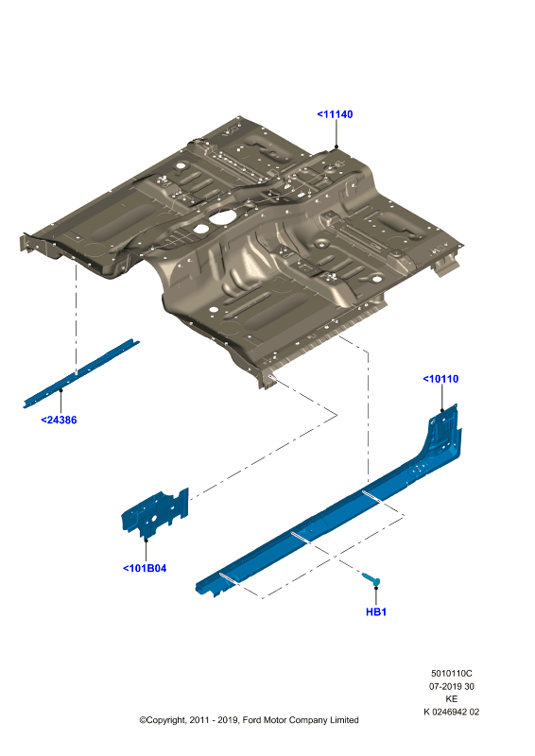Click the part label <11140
pyautogui.click(x=335, y=114)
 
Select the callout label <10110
pyautogui.click(x=440, y=379)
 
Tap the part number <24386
pyautogui.click(x=59, y=420)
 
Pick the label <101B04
pyautogui.click(x=145, y=569)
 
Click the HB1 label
pyautogui.click(x=376, y=611)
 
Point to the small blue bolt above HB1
pyautogui.click(x=371, y=578)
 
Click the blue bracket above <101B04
pyautogui.click(x=154, y=513)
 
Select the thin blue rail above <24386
pyautogui.click(x=81, y=373)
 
